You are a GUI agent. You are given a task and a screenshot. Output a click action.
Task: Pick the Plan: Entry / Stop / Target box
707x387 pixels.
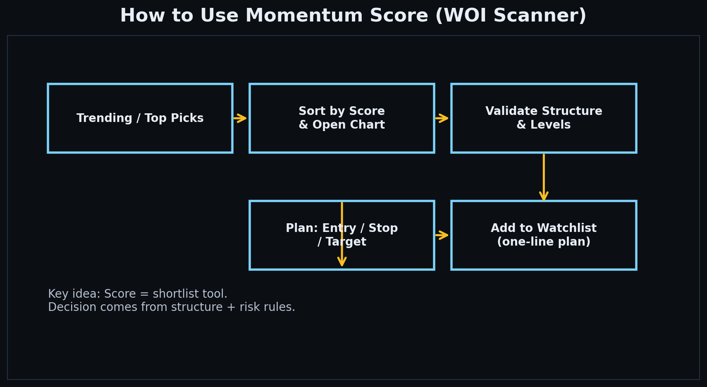click(x=289, y=252)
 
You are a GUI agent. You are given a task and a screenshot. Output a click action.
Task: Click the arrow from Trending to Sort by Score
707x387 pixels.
click(x=240, y=118)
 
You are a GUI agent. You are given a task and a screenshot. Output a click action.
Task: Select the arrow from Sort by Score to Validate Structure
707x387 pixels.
click(x=442, y=118)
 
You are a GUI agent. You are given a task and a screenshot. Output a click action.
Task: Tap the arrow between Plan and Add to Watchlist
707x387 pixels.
click(x=442, y=235)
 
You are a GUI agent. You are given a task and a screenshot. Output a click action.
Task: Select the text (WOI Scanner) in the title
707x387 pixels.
click(x=511, y=16)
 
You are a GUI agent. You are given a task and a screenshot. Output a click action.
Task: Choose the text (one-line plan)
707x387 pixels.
click(x=543, y=242)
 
